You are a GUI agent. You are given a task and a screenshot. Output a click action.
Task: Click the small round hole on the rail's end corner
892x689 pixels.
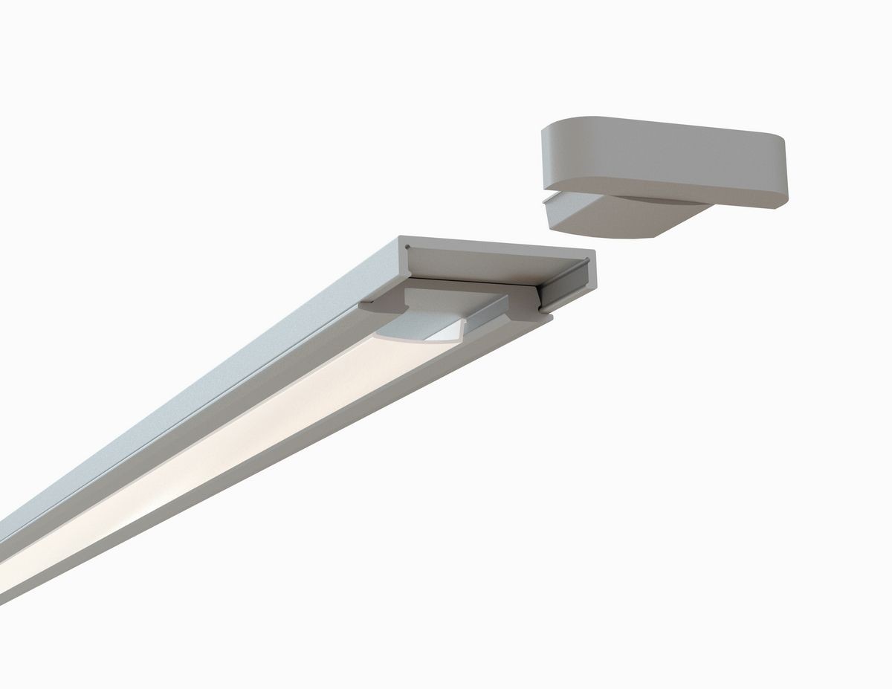pos(407,246)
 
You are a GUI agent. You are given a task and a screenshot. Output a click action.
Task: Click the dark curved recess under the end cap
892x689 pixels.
pos(654,200)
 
